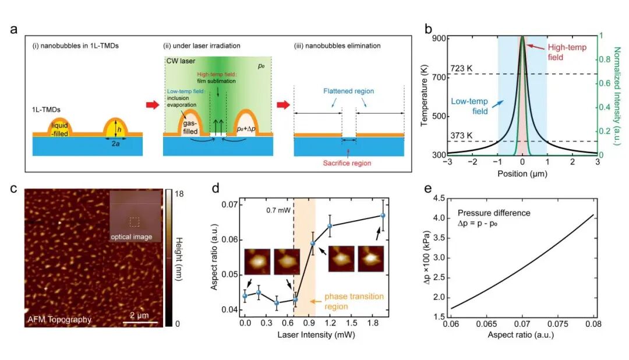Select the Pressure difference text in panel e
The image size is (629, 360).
click(494, 213)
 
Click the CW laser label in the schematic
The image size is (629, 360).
click(180, 59)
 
